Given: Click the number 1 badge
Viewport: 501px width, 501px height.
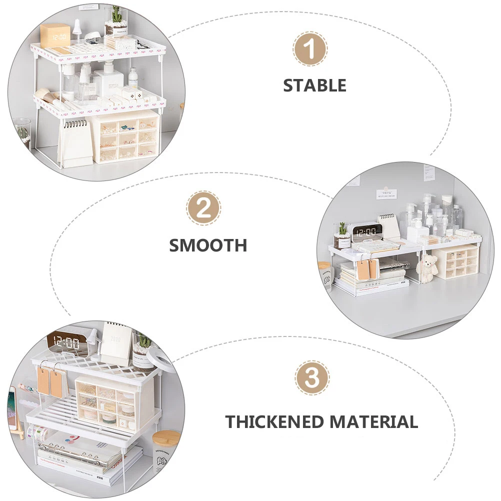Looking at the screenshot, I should click(310, 49).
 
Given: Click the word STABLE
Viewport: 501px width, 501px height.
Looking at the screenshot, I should click(314, 85).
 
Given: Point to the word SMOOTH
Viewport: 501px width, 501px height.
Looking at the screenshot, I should click(208, 245).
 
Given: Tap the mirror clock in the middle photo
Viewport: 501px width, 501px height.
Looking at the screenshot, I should click(365, 232).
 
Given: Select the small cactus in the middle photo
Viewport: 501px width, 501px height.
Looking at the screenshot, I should click(342, 235).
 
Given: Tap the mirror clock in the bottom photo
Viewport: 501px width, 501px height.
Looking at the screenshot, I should click(65, 344).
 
